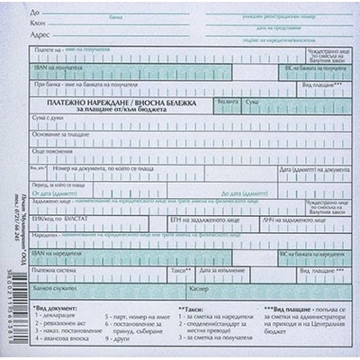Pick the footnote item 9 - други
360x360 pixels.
[x=117, y=342]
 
